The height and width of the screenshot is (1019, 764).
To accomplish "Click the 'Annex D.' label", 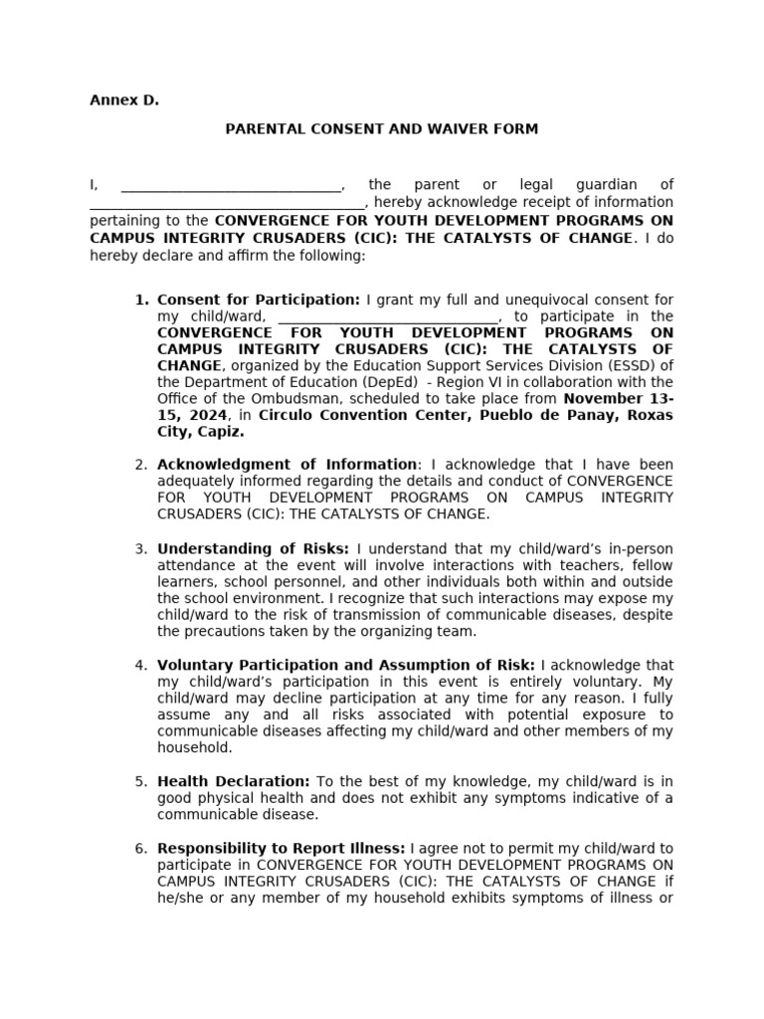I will point(124,101).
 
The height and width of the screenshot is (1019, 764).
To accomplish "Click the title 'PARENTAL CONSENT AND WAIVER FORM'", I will point(381,129).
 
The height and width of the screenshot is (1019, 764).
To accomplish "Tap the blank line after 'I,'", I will point(231,186).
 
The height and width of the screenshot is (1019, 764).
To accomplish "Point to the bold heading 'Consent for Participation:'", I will point(259,300).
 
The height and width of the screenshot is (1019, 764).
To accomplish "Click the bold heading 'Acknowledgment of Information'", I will point(286,465).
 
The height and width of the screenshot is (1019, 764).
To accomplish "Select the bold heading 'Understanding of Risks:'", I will point(253,549).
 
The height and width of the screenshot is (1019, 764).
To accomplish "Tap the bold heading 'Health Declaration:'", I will point(234,782).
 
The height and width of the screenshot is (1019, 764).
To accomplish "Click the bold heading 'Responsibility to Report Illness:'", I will point(281,849).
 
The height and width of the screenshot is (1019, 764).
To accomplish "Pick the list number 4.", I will point(141,666).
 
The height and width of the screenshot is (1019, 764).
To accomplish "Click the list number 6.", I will point(141,849).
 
